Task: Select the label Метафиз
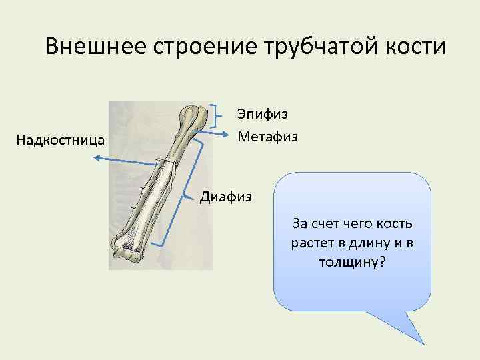click(267, 137)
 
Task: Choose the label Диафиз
click(226, 197)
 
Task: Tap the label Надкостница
click(60, 140)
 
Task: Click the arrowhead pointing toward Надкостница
click(97, 157)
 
